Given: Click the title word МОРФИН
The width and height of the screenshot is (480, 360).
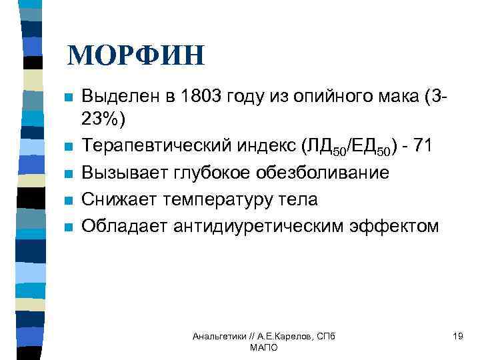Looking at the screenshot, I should pyautogui.click(x=136, y=56).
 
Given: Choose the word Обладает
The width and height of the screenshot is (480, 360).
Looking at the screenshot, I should pyautogui.click(x=119, y=226).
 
